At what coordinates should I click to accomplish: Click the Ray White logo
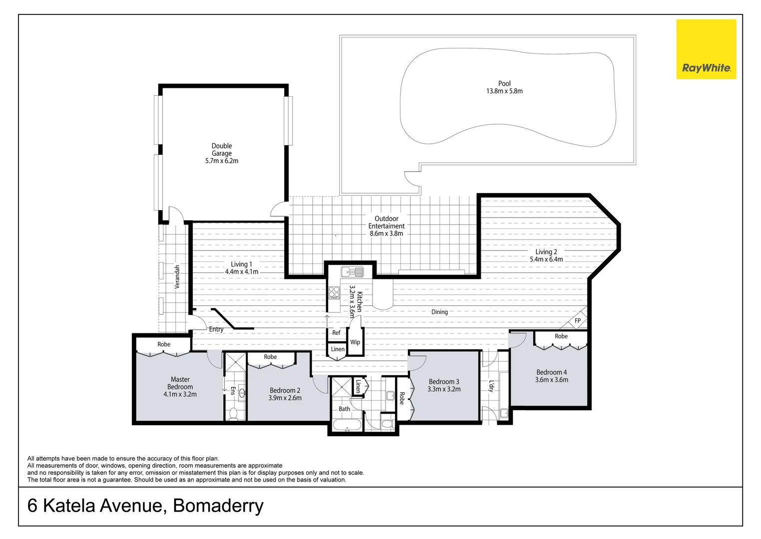click(x=706, y=49)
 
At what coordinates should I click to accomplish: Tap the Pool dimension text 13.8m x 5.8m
click(x=504, y=91)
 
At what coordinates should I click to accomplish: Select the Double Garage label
click(x=222, y=150)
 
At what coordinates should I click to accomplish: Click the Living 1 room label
click(x=242, y=265)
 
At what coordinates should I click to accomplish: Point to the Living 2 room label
click(x=546, y=252)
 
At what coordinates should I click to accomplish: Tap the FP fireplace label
click(x=577, y=321)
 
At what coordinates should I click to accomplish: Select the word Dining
click(x=439, y=312)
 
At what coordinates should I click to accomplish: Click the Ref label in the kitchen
click(x=336, y=333)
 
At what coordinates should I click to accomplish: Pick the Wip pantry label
click(x=355, y=342)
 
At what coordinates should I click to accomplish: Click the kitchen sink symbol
click(x=352, y=272)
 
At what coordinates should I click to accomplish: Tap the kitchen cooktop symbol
click(x=334, y=292)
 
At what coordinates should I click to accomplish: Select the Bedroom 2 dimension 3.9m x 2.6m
click(x=285, y=398)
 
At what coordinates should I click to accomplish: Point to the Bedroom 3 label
click(x=443, y=382)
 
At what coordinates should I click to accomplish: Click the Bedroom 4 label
click(x=551, y=372)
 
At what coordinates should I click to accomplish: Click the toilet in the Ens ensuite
click(x=233, y=414)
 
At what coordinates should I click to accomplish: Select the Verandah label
click(x=177, y=277)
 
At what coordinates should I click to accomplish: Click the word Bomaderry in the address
click(x=218, y=506)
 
